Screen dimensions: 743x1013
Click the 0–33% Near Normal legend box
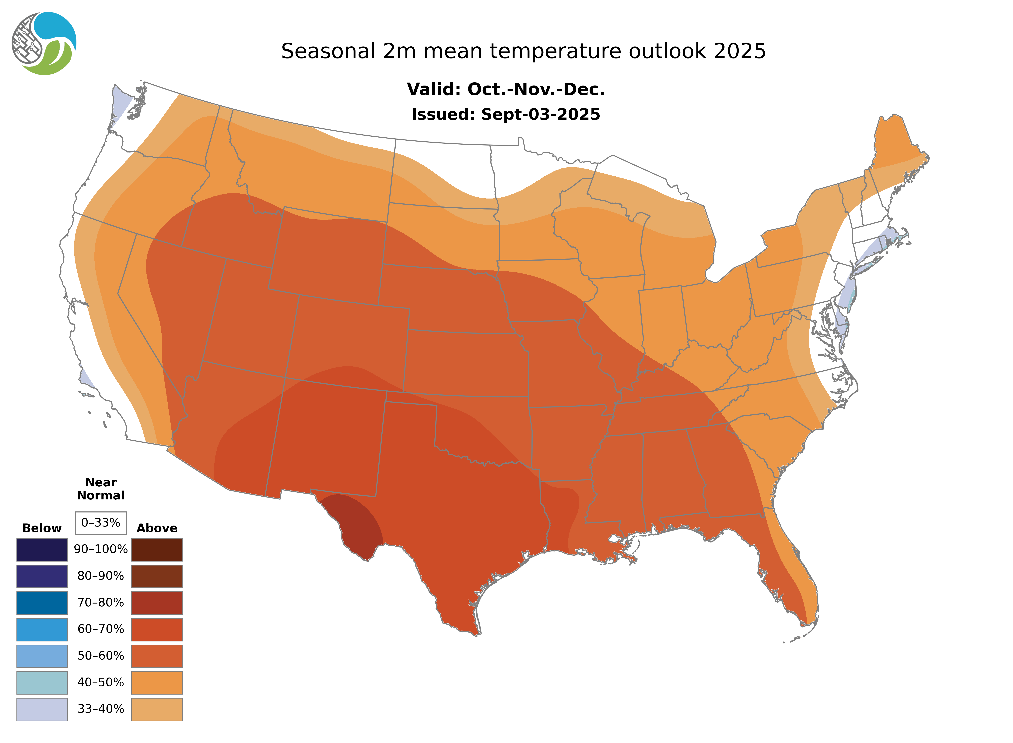pyautogui.click(x=101, y=523)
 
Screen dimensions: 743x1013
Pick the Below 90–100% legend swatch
pyautogui.click(x=42, y=550)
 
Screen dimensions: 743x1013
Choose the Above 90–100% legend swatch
pyautogui.click(x=157, y=550)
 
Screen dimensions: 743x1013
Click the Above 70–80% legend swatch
pyautogui.click(x=157, y=603)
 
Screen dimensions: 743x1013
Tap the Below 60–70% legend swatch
pyautogui.click(x=42, y=629)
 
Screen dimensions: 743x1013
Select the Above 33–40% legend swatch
pyautogui.click(x=157, y=709)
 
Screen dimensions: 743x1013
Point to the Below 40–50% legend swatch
pyautogui.click(x=42, y=682)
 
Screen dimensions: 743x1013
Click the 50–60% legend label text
pyautogui.click(x=101, y=656)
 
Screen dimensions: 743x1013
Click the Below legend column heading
pyautogui.click(x=42, y=528)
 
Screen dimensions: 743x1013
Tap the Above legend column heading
pyautogui.click(x=157, y=528)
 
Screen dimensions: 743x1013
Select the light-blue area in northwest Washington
pyautogui.click(x=121, y=104)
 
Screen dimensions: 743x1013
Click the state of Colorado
pyautogui.click(x=349, y=340)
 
